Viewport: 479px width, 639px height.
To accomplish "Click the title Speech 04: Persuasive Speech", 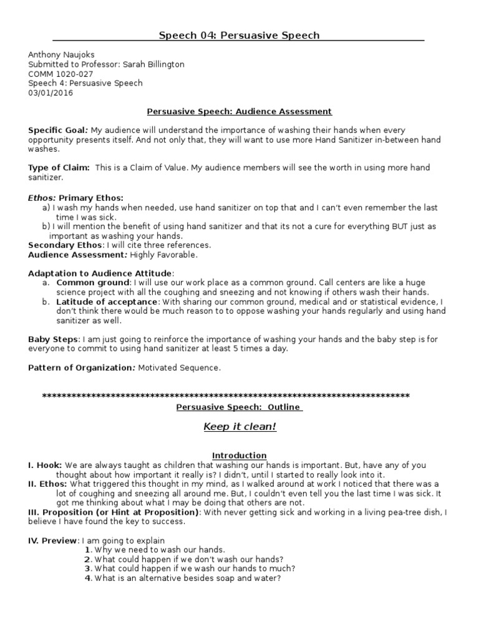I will point(239,36).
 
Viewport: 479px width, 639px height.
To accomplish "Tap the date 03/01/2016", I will point(51,93).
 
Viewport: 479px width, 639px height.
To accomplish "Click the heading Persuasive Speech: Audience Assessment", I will point(239,112).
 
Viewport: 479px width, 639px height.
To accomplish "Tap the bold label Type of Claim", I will point(59,168).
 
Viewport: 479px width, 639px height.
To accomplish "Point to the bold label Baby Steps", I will point(53,339).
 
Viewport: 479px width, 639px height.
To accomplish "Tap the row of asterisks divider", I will point(226,396).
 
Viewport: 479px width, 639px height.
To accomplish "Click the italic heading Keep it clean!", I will point(239,427).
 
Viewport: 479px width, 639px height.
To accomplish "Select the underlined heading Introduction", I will point(239,456).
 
